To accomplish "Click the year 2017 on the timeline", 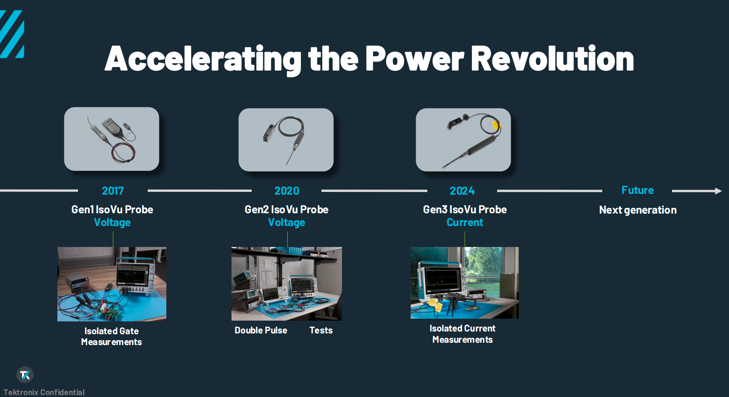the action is click(x=113, y=191).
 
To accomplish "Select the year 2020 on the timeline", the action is click(x=287, y=191).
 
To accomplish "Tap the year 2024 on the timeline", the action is click(x=462, y=191).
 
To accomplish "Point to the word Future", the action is click(x=637, y=190).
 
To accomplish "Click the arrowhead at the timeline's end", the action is click(x=718, y=191).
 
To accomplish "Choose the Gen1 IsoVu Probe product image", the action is click(x=112, y=139).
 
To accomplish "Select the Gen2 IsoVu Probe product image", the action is click(x=286, y=140).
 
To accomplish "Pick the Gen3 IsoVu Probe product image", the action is click(x=463, y=140).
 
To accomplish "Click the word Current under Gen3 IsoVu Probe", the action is click(x=465, y=223).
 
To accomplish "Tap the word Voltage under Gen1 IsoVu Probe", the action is click(x=112, y=223).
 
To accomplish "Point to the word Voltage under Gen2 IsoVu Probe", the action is click(x=287, y=223).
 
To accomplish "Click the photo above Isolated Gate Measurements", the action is click(x=112, y=284).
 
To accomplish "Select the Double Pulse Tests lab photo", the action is click(x=287, y=284).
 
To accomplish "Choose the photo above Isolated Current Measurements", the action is click(x=465, y=283).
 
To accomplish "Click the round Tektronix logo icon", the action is click(x=25, y=375).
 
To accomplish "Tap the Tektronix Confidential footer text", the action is click(x=44, y=392).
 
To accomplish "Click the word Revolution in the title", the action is click(x=553, y=59).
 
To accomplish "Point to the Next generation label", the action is click(x=638, y=210).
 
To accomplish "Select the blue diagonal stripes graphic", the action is click(x=12, y=34).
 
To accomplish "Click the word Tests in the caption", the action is click(x=321, y=330).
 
